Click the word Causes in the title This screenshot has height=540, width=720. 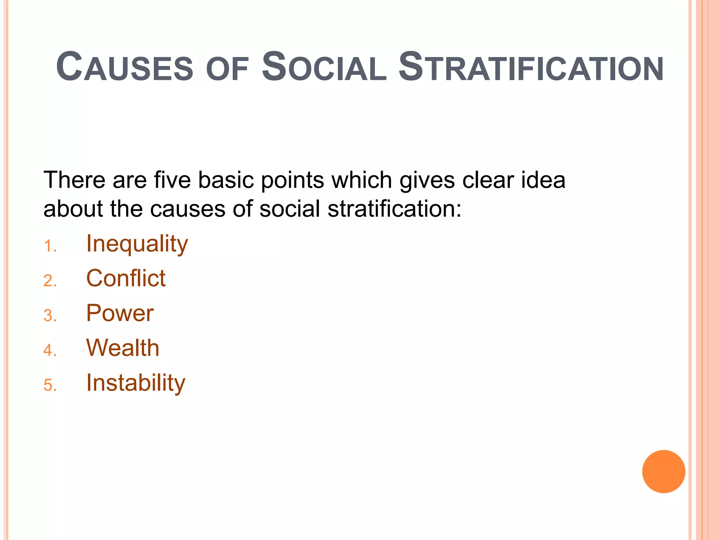(x=124, y=67)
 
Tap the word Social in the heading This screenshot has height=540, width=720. (x=324, y=67)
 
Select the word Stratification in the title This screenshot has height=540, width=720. (x=531, y=67)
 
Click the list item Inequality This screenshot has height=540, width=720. (x=137, y=244)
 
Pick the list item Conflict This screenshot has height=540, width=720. (x=126, y=278)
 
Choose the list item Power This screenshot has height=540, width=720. (x=120, y=313)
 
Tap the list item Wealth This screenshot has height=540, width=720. (x=123, y=348)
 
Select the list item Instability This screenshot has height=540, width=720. (x=136, y=382)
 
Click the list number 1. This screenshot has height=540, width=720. (x=50, y=246)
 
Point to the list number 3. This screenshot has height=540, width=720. (x=50, y=316)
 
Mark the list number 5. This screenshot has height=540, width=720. (x=50, y=385)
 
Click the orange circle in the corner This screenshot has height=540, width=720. (x=663, y=471)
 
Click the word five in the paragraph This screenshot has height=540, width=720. (x=172, y=180)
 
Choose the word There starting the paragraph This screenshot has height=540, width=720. (x=74, y=180)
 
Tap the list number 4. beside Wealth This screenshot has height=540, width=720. (x=50, y=351)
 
